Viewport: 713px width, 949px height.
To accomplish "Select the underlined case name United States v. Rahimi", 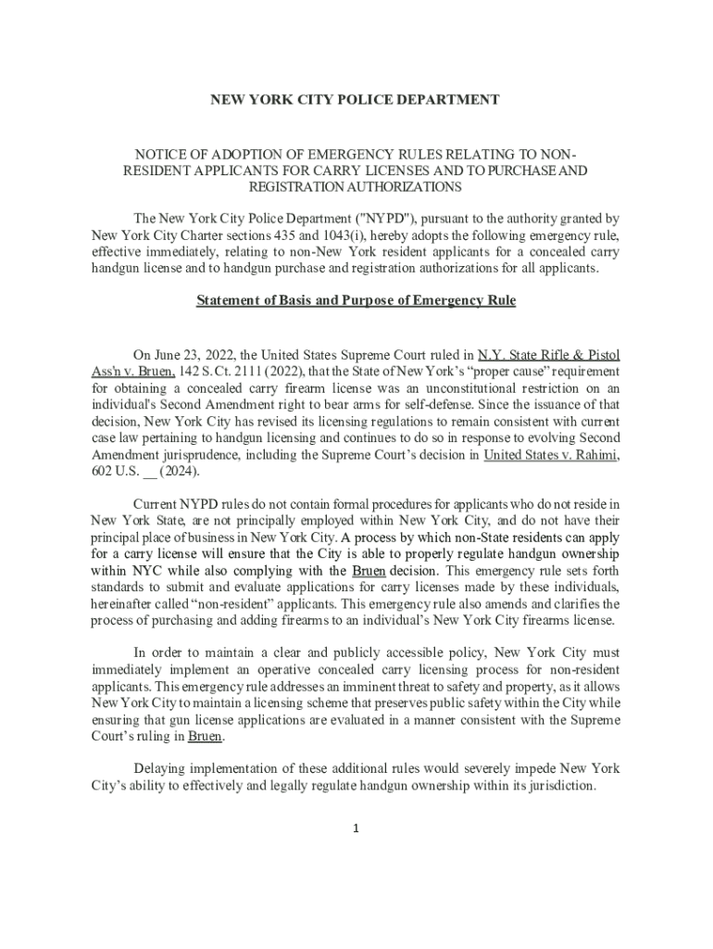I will (552, 454).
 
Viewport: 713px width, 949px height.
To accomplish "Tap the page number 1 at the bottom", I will (356, 828).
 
